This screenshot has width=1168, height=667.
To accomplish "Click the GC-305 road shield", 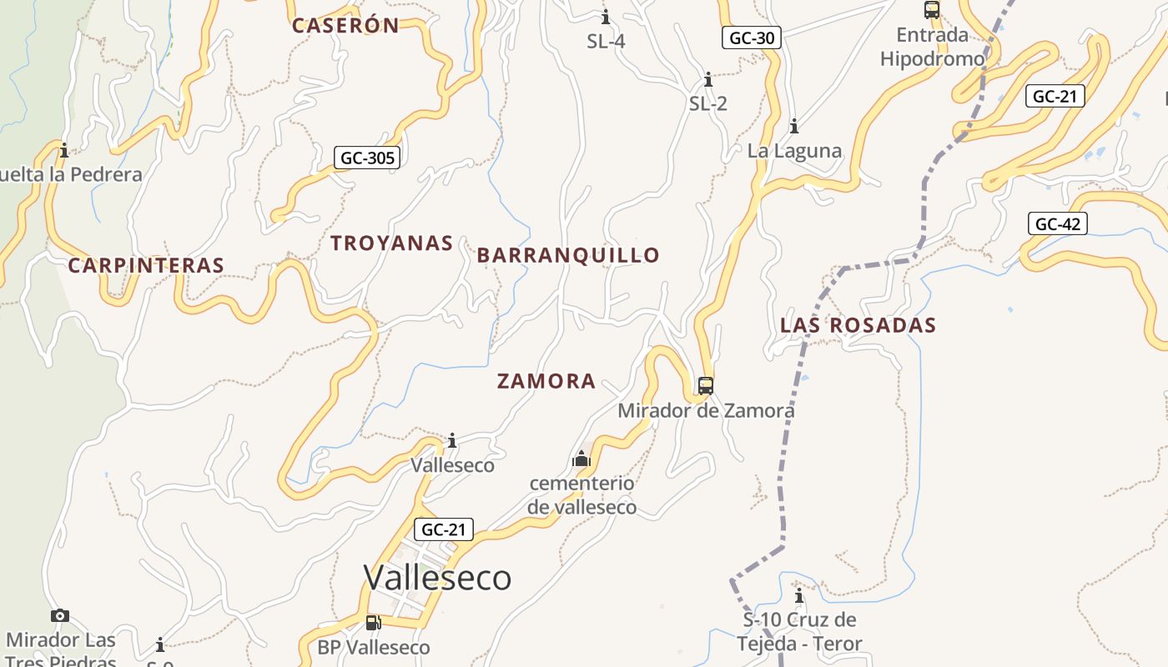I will click(x=367, y=158).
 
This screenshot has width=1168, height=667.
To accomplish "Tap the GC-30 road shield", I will click(x=752, y=38).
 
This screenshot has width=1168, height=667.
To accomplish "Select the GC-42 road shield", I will click(x=1057, y=223).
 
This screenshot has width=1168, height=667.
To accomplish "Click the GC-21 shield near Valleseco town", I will click(x=443, y=529).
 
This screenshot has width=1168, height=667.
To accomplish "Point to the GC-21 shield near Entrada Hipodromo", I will click(x=1055, y=96).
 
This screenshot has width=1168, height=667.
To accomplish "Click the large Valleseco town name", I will click(x=437, y=577).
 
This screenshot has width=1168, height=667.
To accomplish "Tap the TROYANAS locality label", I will click(x=391, y=243).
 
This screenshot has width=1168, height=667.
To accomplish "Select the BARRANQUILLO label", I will click(x=568, y=255).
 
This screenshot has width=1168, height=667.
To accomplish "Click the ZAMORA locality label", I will click(x=546, y=382).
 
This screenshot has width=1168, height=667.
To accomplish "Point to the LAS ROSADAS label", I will click(x=858, y=325).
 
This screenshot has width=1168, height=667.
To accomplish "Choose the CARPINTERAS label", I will click(x=146, y=266).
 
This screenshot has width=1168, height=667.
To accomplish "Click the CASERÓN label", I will click(x=345, y=26).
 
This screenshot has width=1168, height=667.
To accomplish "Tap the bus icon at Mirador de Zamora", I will click(x=706, y=386).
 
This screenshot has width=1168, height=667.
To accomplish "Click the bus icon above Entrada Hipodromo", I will click(x=932, y=10).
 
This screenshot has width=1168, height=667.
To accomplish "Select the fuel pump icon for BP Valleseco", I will click(x=373, y=623).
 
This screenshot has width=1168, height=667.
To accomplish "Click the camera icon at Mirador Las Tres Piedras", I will click(x=60, y=616).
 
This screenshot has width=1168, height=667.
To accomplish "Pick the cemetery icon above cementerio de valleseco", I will click(x=581, y=459).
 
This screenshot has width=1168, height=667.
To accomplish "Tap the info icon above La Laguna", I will click(x=794, y=127).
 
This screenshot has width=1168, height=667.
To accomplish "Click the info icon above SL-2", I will click(x=708, y=80).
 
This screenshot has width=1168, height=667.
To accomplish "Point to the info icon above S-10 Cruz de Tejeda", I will click(x=799, y=596).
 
